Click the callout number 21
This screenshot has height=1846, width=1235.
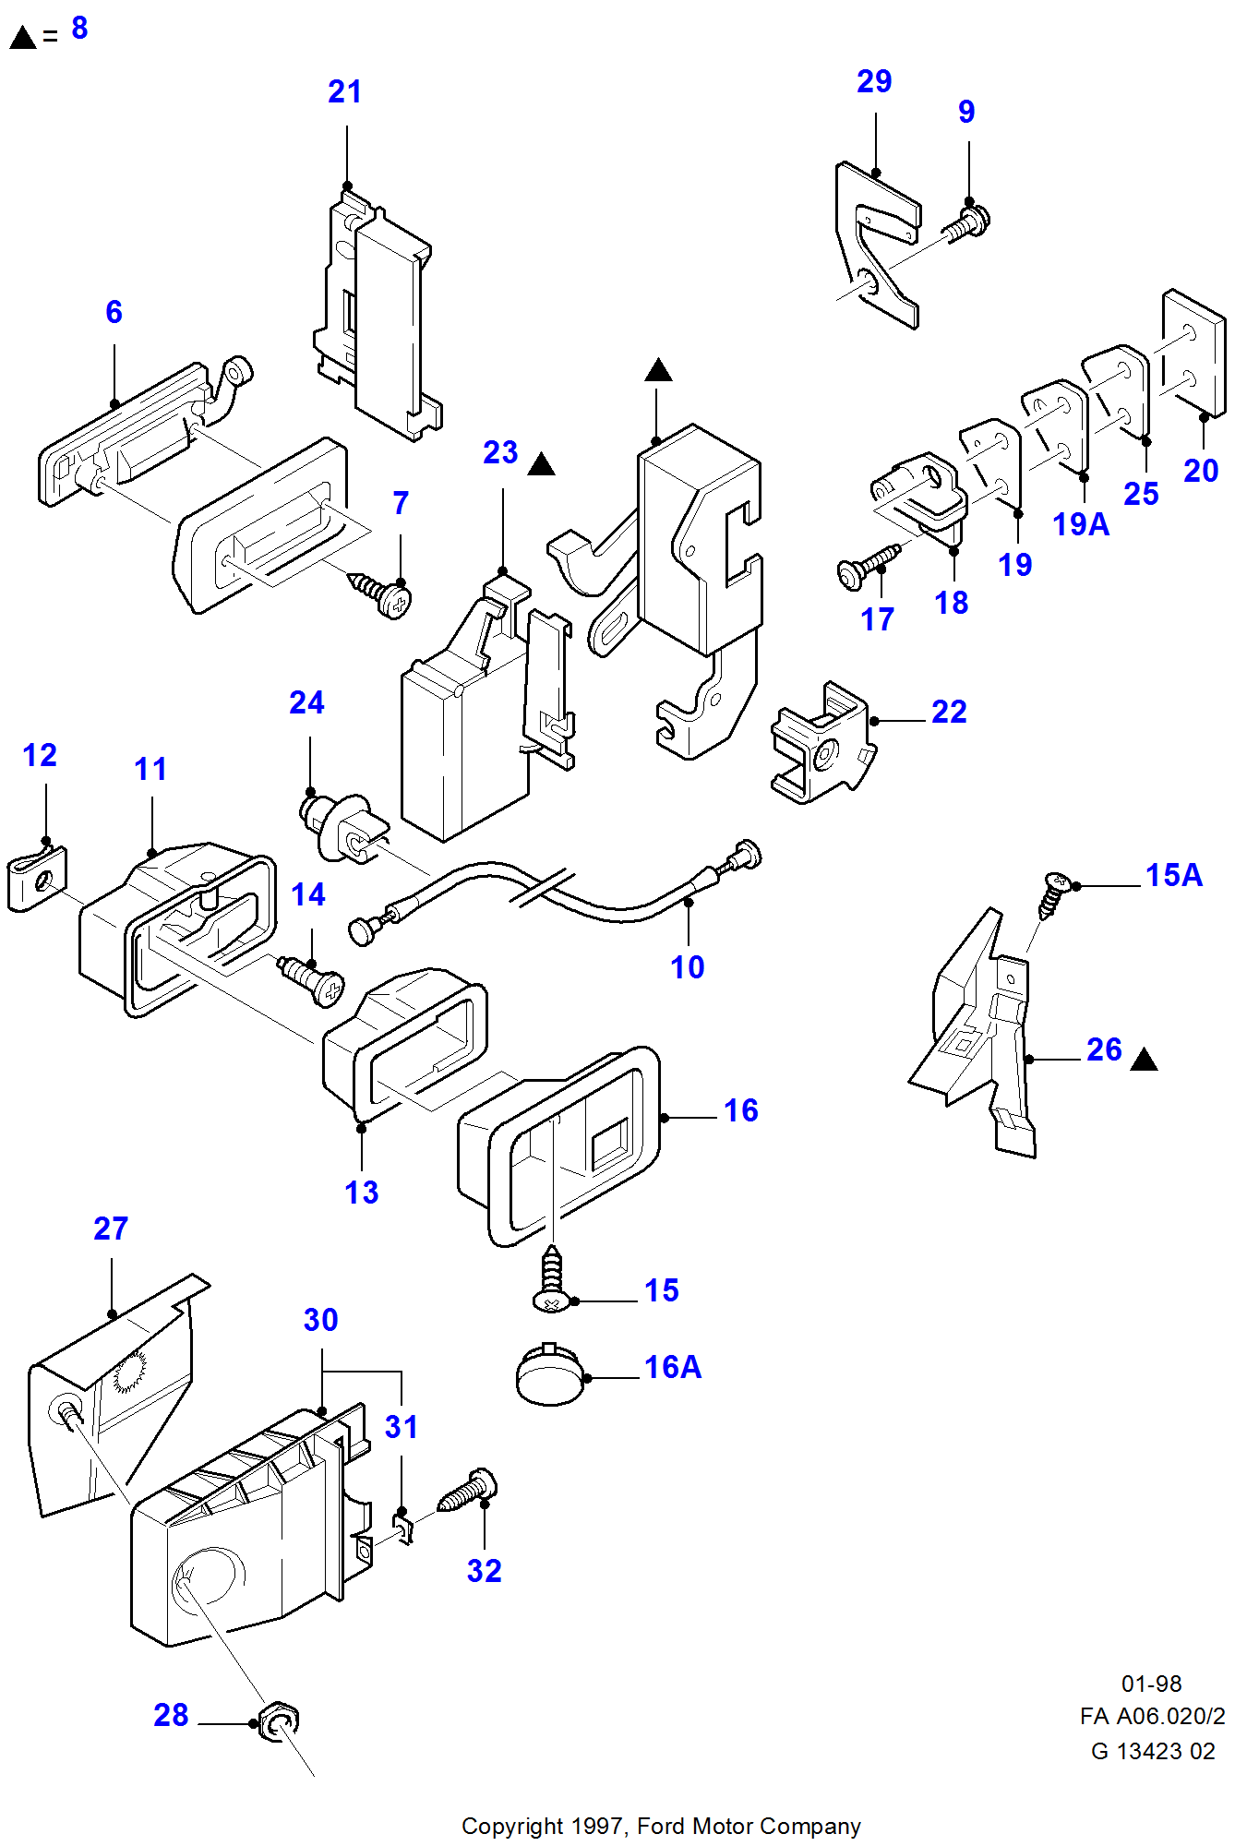[x=344, y=91]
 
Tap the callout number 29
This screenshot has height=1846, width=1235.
[x=873, y=81]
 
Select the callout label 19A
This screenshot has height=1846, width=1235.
[x=1080, y=524]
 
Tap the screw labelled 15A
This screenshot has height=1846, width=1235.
[x=1052, y=893]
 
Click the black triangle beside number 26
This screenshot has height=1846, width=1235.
[x=1144, y=1060]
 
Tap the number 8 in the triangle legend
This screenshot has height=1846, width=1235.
[x=79, y=28]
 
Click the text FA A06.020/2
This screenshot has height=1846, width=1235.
[x=1152, y=1716]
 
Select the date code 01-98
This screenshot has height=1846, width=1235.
[x=1151, y=1684]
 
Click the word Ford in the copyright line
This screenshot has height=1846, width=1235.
[x=662, y=1826]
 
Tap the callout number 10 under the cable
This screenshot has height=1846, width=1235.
[x=687, y=967]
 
